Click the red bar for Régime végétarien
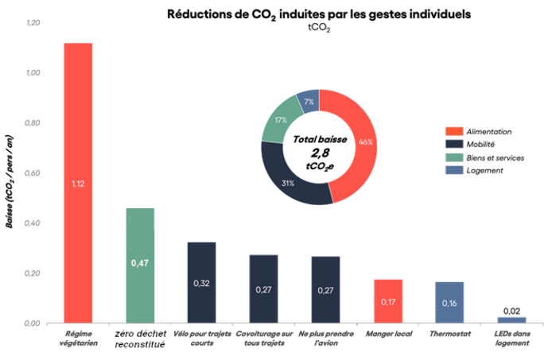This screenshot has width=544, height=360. (x=78, y=183)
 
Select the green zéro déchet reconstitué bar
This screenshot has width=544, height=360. (x=140, y=265)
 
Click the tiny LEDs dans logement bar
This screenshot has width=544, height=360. (x=512, y=320)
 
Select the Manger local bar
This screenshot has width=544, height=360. (x=388, y=301)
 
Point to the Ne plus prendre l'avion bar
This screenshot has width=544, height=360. (x=326, y=289)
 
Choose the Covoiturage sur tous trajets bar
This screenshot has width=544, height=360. (x=264, y=289)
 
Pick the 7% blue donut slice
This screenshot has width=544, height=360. (x=309, y=102)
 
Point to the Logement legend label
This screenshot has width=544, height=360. (x=484, y=171)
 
